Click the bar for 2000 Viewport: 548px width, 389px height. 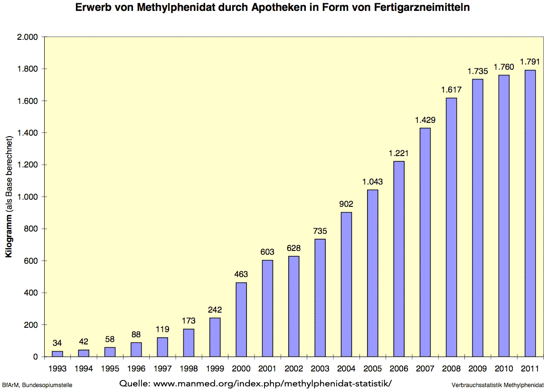[x=241, y=319]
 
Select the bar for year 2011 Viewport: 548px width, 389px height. [x=530, y=213]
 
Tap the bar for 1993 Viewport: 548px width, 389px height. [x=57, y=353]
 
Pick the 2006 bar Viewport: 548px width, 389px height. [x=399, y=259]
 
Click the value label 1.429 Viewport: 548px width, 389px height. [x=425, y=120]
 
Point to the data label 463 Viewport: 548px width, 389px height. [x=241, y=274]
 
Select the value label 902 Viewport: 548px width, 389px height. [x=346, y=204]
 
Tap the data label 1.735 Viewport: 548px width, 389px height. [x=477, y=71]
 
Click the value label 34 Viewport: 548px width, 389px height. [x=57, y=343]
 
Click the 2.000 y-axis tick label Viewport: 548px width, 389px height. [x=28, y=37]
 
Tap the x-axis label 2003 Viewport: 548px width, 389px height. [x=320, y=368]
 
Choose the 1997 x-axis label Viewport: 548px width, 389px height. [x=162, y=368]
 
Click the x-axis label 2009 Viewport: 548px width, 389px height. [x=477, y=368]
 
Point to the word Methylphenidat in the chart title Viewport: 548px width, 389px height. [x=186, y=8]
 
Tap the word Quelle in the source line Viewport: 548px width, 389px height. [x=134, y=383]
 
